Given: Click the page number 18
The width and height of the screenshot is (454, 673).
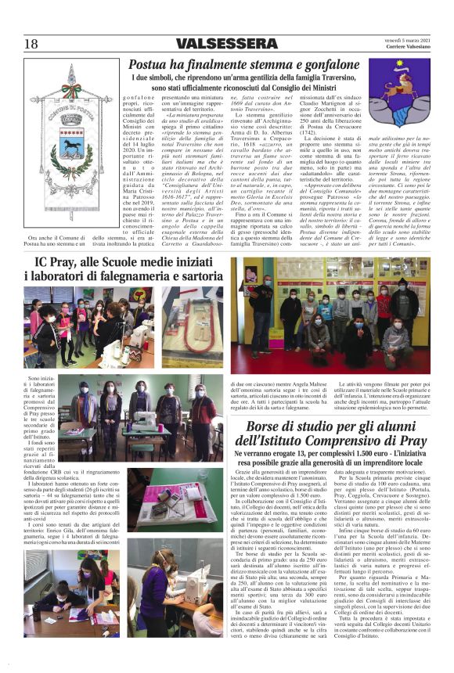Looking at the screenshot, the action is pyautogui.click(x=31, y=43).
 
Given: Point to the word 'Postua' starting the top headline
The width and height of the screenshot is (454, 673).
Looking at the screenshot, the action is pyautogui.click(x=149, y=64).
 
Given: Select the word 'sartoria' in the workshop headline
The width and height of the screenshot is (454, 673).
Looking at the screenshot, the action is pyautogui.click(x=196, y=277).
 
